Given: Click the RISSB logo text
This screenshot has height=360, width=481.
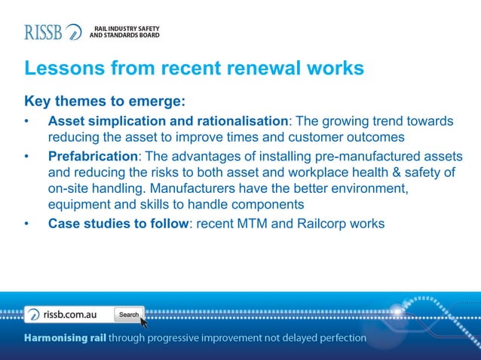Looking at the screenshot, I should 44,32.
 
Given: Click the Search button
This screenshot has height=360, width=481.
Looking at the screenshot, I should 128,314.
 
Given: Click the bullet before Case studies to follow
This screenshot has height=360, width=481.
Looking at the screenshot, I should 27,223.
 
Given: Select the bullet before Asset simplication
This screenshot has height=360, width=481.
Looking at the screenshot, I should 27,121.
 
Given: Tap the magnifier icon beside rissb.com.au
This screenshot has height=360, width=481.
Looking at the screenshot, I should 35,314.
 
